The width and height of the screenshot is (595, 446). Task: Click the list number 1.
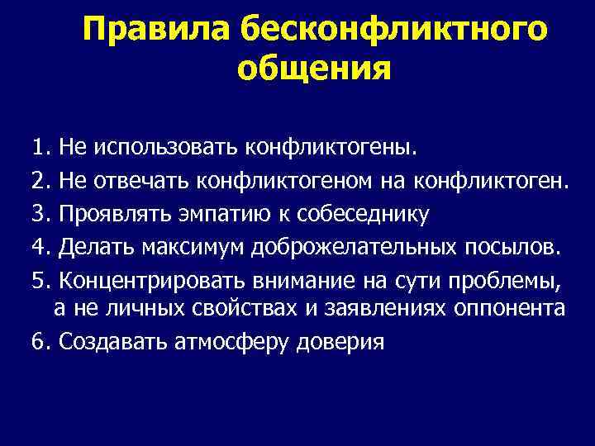[x=39, y=148]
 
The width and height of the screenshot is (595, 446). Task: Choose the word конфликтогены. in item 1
[x=355, y=148]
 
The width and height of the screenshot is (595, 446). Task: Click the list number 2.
[x=39, y=180]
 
